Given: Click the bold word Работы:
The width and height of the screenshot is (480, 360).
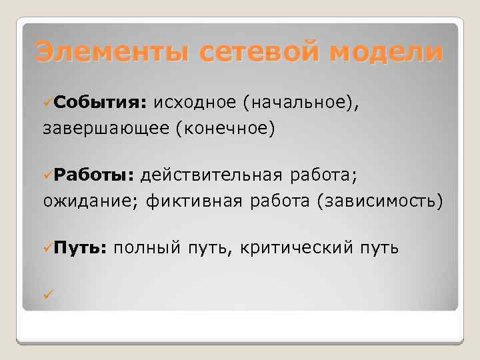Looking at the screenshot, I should pyautogui.click(x=95, y=175).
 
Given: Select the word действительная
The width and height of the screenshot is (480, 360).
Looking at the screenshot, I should pyautogui.click(x=211, y=175).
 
